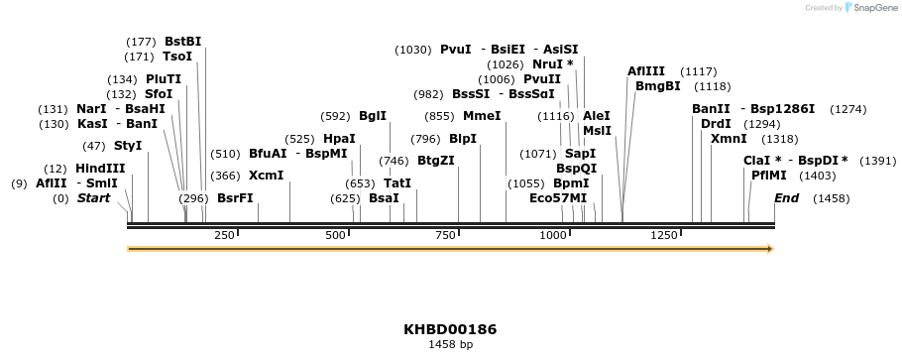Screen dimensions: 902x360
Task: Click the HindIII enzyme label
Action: [100, 169]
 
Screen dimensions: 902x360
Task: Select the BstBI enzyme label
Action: [182, 42]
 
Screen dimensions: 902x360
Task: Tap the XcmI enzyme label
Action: [266, 176]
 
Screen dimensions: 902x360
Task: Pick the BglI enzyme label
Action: [373, 116]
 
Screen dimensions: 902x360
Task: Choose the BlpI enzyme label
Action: [463, 139]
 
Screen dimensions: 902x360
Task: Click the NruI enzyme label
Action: [552, 64]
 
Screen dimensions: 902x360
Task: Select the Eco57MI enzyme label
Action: [558, 198]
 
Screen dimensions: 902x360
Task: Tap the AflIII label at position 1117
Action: [646, 71]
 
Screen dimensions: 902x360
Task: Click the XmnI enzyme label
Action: [729, 139]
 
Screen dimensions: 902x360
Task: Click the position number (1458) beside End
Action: [831, 198]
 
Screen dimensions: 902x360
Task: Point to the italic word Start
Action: [93, 198]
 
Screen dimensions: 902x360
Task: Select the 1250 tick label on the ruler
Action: [663, 235]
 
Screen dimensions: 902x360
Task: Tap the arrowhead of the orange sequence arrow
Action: [768, 249]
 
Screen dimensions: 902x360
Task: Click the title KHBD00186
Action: [450, 329]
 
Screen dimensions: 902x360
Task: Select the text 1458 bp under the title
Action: [450, 345]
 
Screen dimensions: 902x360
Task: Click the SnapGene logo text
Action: [872, 8]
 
